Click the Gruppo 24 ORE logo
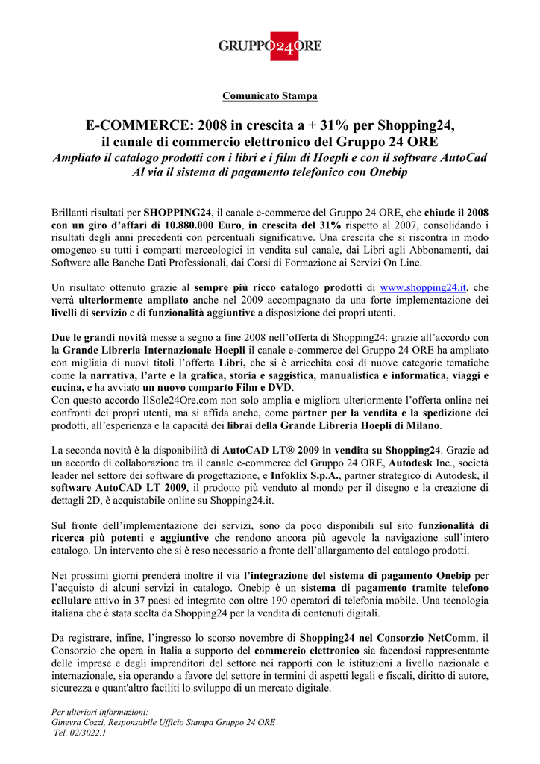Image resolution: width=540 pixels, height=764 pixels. click(x=270, y=46)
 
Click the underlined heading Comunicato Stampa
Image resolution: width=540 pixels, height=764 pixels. click(x=270, y=96)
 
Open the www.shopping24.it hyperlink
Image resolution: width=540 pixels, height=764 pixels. click(x=423, y=287)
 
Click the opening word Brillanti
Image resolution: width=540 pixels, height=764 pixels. click(x=73, y=212)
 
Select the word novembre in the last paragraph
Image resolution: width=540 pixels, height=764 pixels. click(x=274, y=639)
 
